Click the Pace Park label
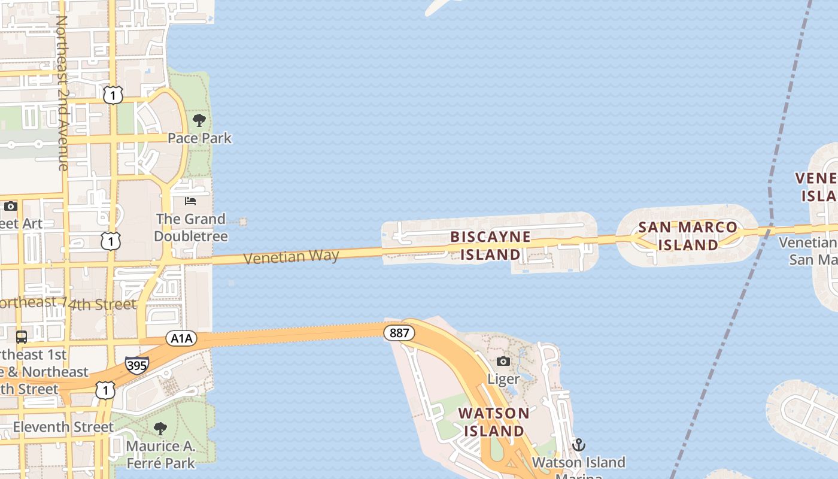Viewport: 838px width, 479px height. coord(199,138)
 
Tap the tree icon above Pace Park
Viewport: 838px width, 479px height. coord(199,121)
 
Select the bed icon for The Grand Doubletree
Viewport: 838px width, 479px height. coord(190,201)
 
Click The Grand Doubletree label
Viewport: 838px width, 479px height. coord(191,228)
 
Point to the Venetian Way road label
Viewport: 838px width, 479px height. coord(292,257)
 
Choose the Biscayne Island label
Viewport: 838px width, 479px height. coord(490,245)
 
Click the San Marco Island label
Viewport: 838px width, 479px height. coord(688,236)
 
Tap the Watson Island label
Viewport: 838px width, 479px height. coord(494,422)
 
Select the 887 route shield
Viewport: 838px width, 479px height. coord(399,333)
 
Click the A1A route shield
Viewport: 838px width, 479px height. coord(181,339)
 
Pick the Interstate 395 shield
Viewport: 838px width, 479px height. coord(136,365)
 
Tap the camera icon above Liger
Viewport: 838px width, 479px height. coord(503,361)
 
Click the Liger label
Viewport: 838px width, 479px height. coord(503,379)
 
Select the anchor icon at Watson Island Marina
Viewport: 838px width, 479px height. coord(578,445)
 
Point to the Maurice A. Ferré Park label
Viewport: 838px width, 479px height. coord(160,454)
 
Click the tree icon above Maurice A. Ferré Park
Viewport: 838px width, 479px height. coord(160,429)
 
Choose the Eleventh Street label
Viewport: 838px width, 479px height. coord(63,427)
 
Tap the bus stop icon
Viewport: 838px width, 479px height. coord(22,336)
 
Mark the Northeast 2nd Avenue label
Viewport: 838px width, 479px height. coord(62,93)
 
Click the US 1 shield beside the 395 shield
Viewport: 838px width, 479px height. coord(105,390)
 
